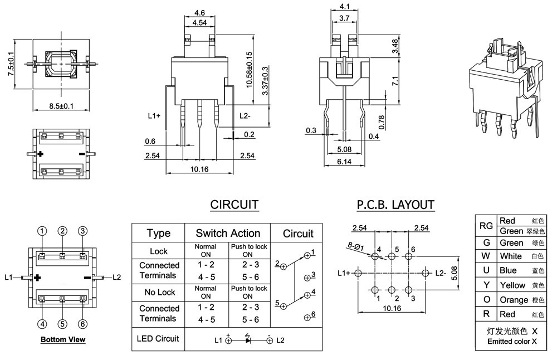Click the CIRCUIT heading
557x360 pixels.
pyautogui.click(x=234, y=205)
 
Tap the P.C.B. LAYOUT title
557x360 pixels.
pyautogui.click(x=395, y=205)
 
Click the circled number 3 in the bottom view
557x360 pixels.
pyautogui.click(x=82, y=231)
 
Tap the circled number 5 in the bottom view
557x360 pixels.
pyautogui.click(x=62, y=323)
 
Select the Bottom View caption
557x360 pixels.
pyautogui.click(x=62, y=339)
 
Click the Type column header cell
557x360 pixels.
pyautogui.click(x=159, y=233)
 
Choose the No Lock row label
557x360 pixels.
pyautogui.click(x=159, y=292)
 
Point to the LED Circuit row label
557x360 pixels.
pyautogui.click(x=159, y=338)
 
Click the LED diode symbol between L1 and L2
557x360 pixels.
pyautogui.click(x=247, y=339)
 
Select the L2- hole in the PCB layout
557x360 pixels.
pyautogui.click(x=426, y=273)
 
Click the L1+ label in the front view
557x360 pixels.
pyautogui.click(x=154, y=115)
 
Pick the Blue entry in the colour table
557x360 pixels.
pyautogui.click(x=508, y=270)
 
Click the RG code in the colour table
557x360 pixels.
pyautogui.click(x=486, y=226)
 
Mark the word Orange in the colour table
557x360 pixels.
pyautogui.click(x=514, y=300)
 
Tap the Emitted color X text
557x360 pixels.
pyautogui.click(x=512, y=341)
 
